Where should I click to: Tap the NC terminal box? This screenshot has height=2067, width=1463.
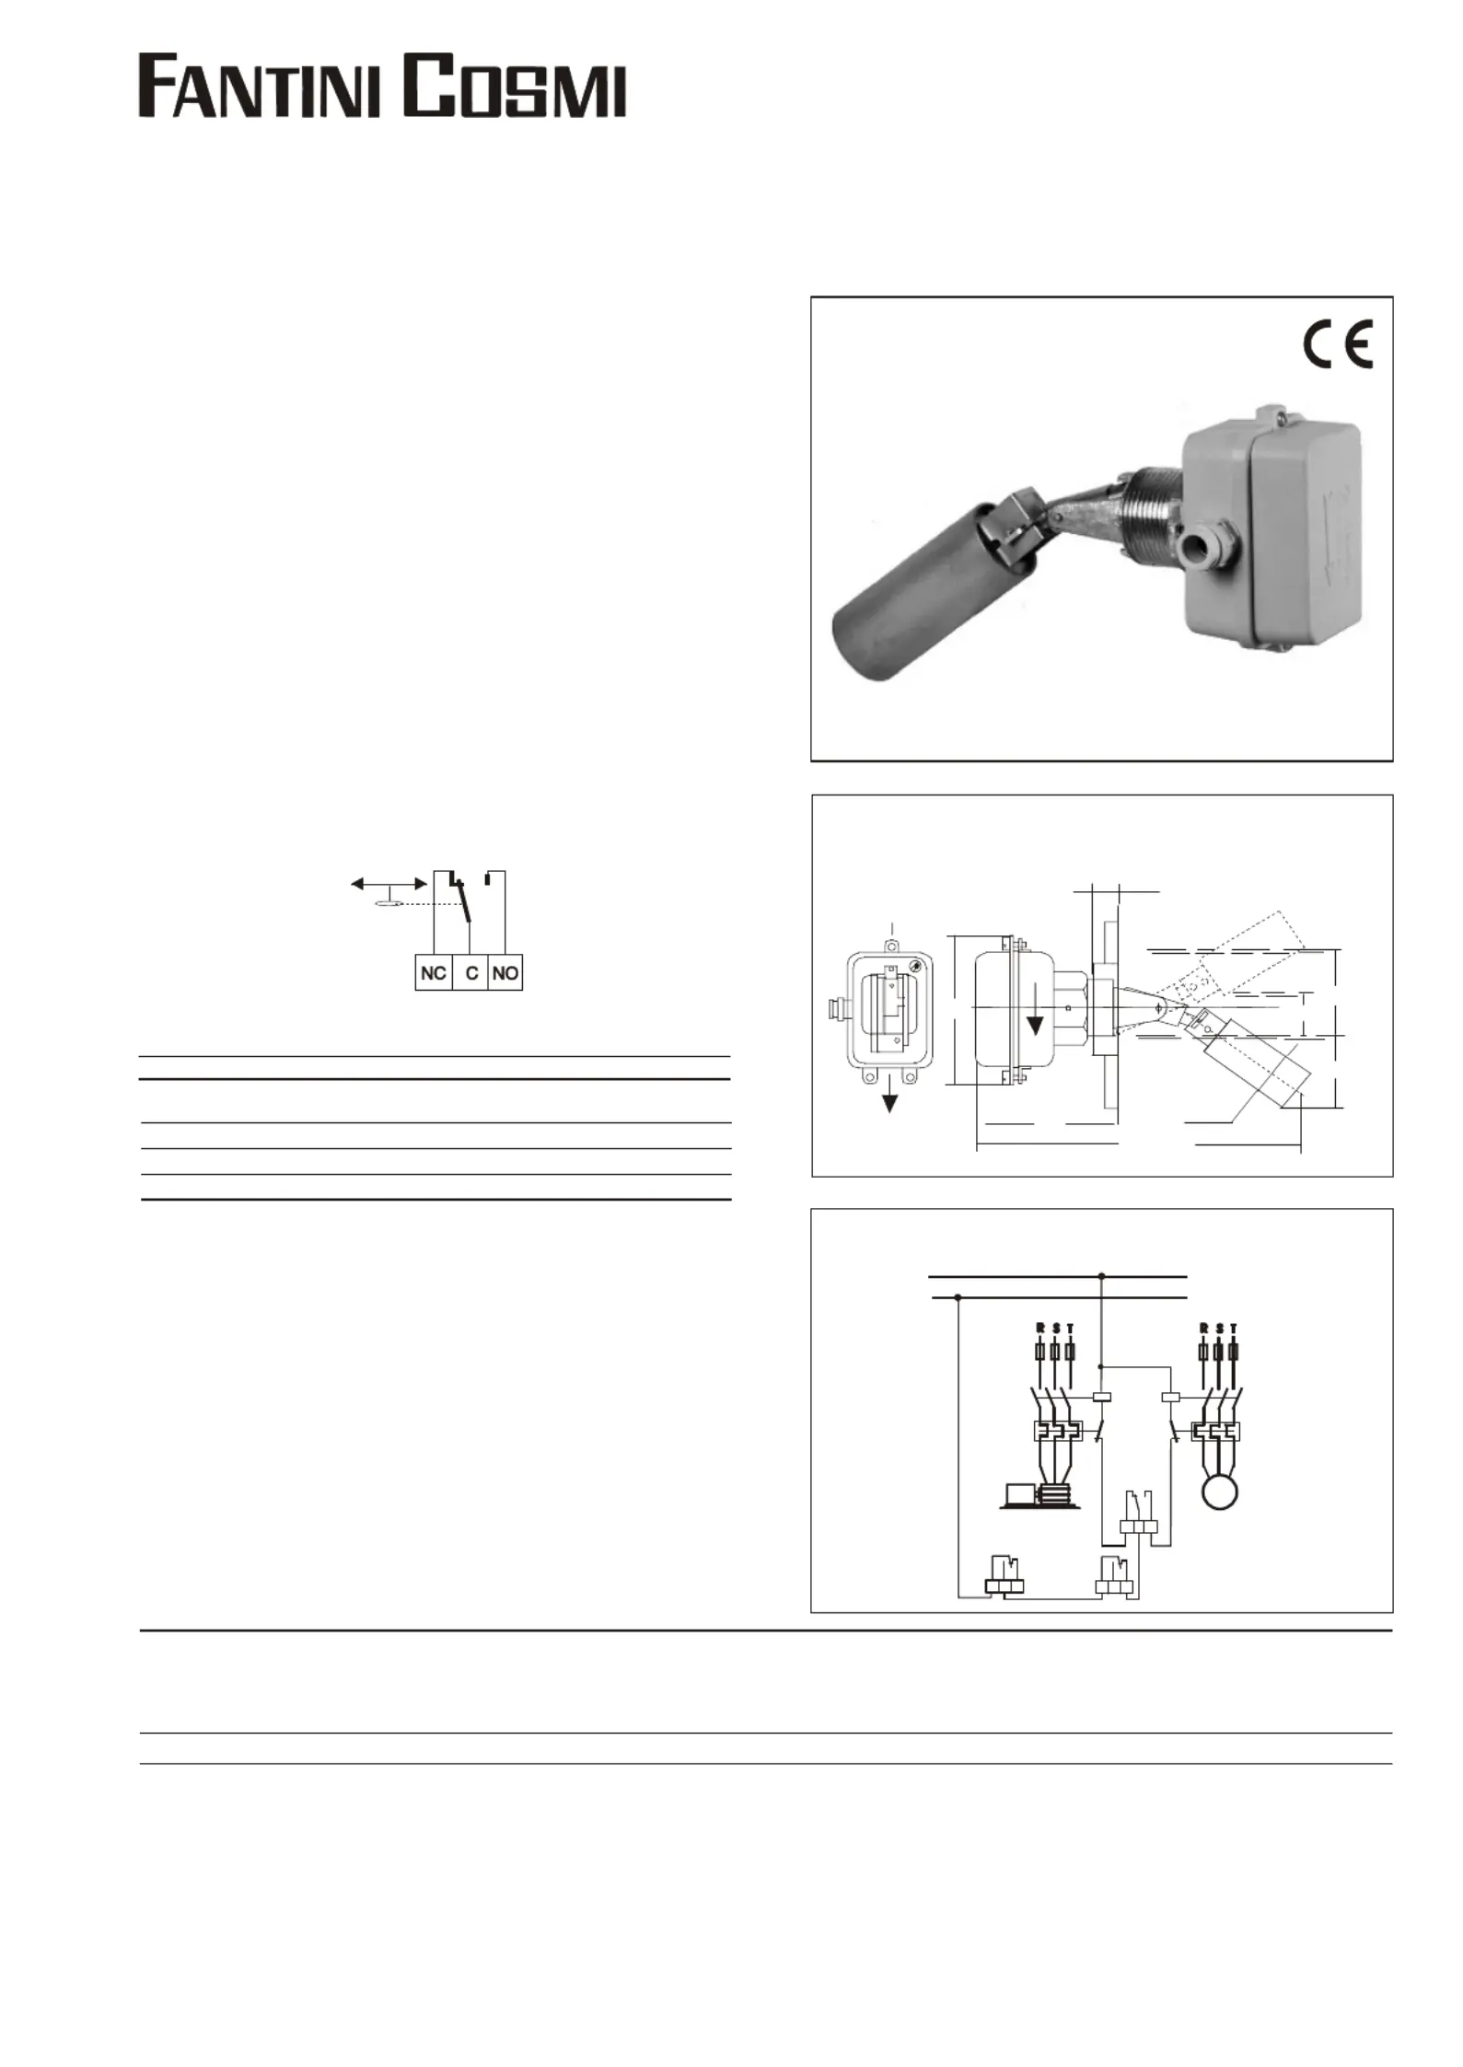(x=434, y=973)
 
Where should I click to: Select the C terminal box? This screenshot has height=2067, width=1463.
(x=471, y=973)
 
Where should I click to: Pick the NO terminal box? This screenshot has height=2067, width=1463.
(x=505, y=973)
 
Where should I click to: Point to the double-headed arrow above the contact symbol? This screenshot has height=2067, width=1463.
(x=389, y=884)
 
